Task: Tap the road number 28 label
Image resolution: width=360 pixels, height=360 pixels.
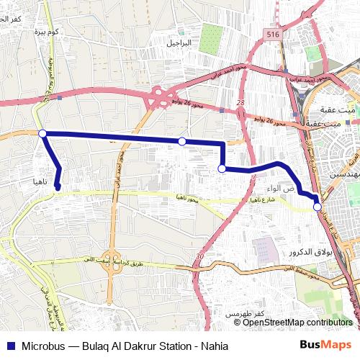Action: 240,103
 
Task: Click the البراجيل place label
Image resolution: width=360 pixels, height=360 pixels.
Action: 181,43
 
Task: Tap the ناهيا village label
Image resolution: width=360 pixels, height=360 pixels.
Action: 41,182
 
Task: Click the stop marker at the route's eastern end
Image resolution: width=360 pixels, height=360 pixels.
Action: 318,207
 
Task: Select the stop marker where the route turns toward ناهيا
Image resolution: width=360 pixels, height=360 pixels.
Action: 42,133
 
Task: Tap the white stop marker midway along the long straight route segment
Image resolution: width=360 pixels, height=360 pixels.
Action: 182,141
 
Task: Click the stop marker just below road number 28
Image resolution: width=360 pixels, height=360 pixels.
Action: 222,168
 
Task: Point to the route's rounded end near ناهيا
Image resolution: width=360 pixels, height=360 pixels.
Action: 57,189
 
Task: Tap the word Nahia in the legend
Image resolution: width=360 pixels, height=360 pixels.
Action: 213,346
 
